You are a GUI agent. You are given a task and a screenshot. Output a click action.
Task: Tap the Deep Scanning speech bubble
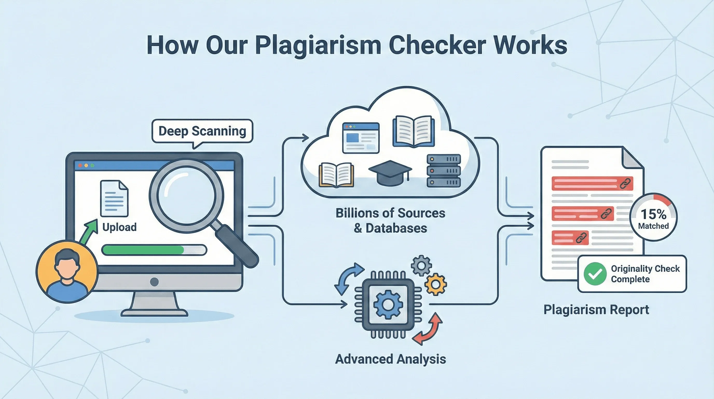202,131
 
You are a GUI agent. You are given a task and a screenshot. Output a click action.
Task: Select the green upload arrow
89,231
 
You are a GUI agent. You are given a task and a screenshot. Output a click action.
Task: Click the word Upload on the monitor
119,227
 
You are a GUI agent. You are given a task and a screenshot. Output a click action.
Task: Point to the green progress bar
143,250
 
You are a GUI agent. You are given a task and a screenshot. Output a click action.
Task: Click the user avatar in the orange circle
67,272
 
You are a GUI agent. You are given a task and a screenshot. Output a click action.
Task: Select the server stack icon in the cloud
443,171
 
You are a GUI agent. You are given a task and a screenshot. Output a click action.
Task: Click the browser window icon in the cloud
361,138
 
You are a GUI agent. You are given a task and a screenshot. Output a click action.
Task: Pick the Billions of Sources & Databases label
390,221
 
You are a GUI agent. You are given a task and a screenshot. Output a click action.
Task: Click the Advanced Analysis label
390,359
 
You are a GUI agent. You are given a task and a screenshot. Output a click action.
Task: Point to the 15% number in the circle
653,214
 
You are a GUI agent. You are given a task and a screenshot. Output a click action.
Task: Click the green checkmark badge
595,274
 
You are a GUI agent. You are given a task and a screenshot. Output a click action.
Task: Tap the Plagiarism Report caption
596,310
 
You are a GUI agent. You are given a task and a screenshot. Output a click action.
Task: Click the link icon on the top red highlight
625,183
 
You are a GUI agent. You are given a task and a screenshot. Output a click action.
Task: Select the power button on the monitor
154,282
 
